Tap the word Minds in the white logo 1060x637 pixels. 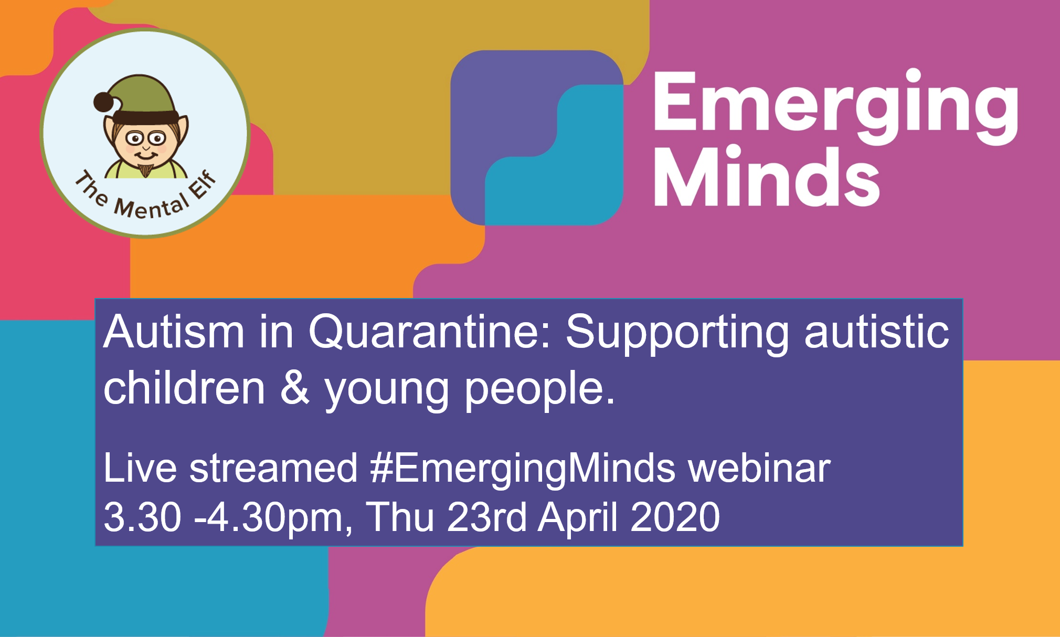point(766,177)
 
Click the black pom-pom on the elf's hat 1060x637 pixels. point(103,101)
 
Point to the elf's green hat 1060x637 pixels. point(144,94)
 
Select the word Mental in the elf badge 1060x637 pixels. point(151,208)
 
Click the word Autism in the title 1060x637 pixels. point(174,332)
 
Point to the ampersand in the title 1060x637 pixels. point(295,388)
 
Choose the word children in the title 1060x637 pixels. point(184,388)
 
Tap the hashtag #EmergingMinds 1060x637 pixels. point(523,468)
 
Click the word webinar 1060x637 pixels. point(759,468)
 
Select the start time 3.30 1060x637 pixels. point(142,517)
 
